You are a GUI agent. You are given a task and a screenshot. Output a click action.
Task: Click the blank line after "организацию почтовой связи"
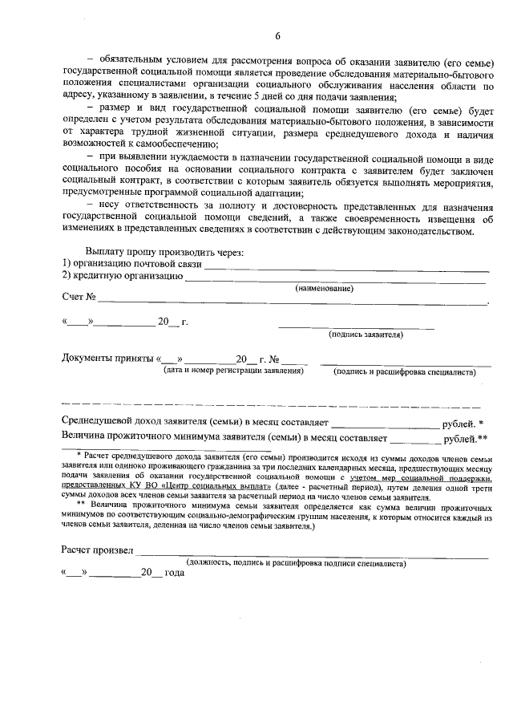345,266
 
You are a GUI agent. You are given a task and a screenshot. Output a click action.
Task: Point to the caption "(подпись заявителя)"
366,335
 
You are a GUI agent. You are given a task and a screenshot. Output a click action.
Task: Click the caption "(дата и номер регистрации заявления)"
233,371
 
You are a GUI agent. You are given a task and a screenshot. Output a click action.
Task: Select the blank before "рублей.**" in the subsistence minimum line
415,439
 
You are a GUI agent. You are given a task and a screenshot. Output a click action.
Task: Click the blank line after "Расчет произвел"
313,554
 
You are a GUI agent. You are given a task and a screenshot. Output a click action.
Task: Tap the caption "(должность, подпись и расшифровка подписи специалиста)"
296,564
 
